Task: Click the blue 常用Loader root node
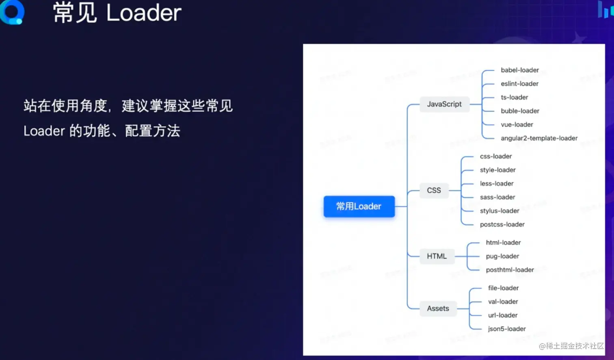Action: [359, 206]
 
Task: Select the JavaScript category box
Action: [444, 104]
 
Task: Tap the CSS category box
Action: [434, 190]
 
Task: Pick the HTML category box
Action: [437, 256]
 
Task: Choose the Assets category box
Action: [438, 308]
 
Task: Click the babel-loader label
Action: [520, 70]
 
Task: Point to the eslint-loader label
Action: [519, 84]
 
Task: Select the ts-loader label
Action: [514, 98]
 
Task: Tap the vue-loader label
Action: [517, 124]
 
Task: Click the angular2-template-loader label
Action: [539, 138]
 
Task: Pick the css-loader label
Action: [495, 156]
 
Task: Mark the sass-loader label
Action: [497, 197]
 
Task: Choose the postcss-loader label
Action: [502, 225]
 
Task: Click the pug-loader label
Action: [502, 256]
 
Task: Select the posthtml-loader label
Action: [510, 270]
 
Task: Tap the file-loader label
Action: [503, 288]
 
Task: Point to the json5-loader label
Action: [507, 329]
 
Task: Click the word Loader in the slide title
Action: [144, 13]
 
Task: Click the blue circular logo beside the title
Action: [12, 12]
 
